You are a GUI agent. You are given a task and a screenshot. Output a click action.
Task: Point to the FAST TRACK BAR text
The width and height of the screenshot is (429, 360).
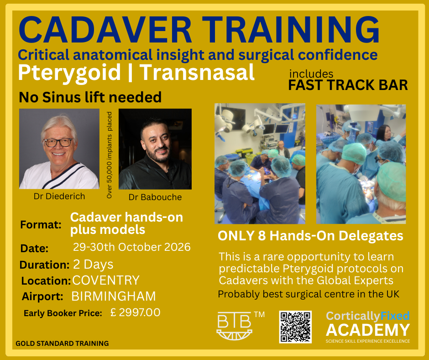coord(348,85)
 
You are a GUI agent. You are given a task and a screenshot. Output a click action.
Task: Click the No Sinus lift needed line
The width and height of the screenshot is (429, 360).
coord(90,97)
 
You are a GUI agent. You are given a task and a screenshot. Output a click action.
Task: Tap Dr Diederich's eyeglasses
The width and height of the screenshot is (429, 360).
coord(58,142)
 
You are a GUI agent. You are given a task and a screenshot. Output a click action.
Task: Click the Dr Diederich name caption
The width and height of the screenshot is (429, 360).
coord(59,196)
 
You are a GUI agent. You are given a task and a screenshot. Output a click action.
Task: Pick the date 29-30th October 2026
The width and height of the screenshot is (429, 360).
coord(132,248)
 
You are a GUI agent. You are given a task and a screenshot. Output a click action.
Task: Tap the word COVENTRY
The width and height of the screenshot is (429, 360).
coord(106,280)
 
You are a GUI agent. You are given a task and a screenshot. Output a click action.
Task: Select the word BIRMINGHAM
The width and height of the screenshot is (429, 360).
coord(114,296)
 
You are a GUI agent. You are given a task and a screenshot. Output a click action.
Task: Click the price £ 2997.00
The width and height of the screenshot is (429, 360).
coord(136,313)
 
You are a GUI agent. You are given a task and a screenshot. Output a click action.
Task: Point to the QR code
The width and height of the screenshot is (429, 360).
coord(295,327)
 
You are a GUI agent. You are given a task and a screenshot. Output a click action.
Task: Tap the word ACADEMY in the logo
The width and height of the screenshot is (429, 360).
coord(368,330)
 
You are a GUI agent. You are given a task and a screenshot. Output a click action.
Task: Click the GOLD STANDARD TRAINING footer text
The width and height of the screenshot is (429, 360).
coord(62,344)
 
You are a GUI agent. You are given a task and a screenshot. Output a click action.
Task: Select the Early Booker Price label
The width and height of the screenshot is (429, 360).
coord(63,313)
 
